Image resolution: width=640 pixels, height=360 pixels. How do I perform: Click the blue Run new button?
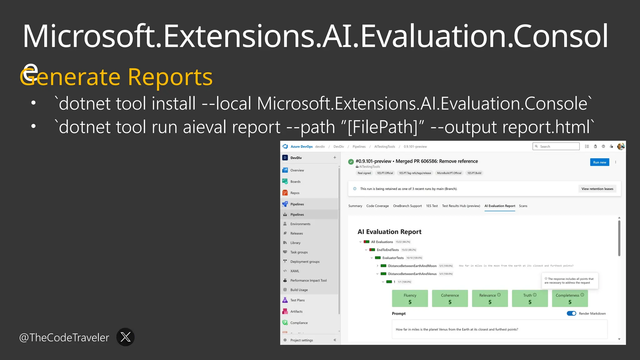tap(599, 162)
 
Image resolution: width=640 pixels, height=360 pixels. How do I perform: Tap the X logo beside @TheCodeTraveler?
tap(125, 337)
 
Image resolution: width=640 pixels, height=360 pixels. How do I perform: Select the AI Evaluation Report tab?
tap(500, 206)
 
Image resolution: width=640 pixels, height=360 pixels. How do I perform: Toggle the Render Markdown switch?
tap(571, 313)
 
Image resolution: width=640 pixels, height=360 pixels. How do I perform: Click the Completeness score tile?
tap(570, 298)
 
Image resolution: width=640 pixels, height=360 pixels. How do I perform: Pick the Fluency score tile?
tap(410, 298)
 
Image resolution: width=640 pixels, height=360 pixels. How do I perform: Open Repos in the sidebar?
tap(295, 193)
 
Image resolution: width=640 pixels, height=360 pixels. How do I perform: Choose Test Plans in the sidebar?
tap(297, 300)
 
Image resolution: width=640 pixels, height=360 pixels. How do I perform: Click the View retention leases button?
tap(597, 189)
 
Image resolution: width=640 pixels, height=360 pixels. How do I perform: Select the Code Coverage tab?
tap(377, 206)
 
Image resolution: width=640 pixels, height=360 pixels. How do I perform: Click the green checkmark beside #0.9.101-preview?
tap(351, 162)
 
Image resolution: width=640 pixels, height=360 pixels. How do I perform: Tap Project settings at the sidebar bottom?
tap(301, 340)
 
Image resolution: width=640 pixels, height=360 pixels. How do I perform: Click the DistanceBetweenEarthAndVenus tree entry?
tap(412, 274)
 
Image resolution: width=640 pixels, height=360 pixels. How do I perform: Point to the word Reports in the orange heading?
tap(170, 77)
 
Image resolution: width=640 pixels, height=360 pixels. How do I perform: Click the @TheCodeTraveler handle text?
tap(64, 337)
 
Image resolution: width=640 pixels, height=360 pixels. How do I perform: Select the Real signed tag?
tap(364, 173)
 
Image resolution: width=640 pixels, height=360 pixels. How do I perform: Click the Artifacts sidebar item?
tap(296, 311)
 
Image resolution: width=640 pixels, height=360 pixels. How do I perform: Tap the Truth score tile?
tap(530, 298)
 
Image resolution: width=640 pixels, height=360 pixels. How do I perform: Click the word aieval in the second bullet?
tap(204, 127)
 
